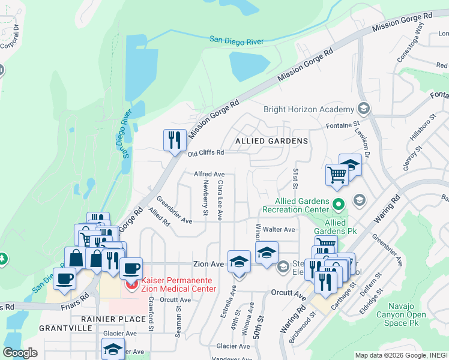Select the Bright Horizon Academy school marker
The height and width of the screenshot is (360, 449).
(363, 109)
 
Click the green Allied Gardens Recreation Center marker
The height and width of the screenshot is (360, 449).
(338, 205)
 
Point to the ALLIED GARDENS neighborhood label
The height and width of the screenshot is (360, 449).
(271, 141)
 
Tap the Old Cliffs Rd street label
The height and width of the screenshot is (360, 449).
(206, 154)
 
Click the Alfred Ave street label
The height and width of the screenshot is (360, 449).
(209, 174)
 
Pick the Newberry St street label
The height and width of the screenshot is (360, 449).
(205, 199)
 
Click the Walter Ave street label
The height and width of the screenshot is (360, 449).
(282, 229)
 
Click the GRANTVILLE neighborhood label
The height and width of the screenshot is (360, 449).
(65, 328)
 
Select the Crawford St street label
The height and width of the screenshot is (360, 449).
(151, 314)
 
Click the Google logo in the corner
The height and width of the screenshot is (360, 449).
(20, 353)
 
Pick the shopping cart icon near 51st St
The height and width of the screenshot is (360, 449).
(337, 175)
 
